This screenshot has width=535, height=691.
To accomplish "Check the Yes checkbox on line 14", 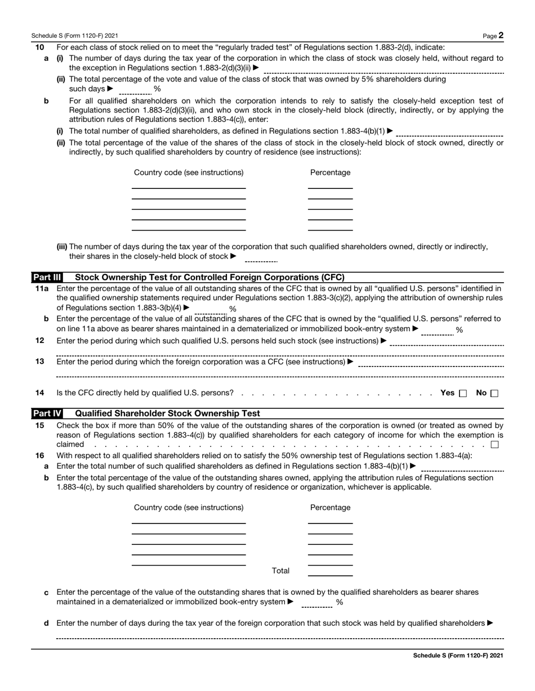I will pos(463,394).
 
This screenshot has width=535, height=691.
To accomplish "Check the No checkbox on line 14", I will pos(494,394).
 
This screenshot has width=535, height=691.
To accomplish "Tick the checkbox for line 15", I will pos(494,445).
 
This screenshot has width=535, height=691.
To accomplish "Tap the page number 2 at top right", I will pos(501,35).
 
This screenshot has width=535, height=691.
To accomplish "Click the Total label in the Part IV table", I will pos(280,571).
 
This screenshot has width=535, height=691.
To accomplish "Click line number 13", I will pos(39,362).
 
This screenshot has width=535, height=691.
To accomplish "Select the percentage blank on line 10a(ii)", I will pos(135,89).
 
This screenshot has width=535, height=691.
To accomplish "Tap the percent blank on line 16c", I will pos(316,603).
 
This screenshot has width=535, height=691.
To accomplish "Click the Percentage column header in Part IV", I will pos(330,508).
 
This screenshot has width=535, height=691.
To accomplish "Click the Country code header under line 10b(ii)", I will pos(189,173).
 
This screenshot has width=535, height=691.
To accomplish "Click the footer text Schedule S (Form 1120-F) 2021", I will pos(458,656).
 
